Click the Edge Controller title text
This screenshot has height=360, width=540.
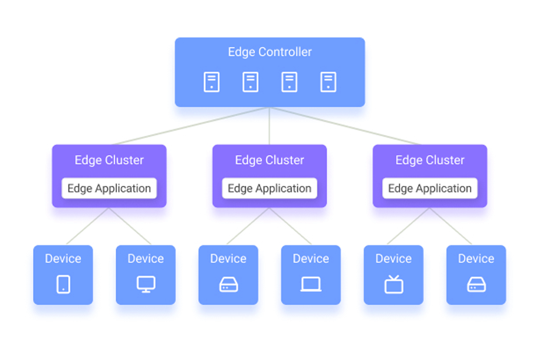(270, 52)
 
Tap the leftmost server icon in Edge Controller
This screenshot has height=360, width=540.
(212, 82)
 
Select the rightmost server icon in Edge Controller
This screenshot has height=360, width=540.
(328, 82)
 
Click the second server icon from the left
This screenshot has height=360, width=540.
(251, 82)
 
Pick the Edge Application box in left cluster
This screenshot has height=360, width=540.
(109, 188)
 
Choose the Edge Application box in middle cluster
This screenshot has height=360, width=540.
(269, 188)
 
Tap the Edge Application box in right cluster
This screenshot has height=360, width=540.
(430, 188)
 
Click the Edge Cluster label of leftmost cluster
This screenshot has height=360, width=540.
(109, 160)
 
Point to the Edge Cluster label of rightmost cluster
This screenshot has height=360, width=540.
(430, 160)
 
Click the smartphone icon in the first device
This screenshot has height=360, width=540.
(63, 284)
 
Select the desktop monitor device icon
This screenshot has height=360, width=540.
(146, 284)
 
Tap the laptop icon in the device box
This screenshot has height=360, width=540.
(311, 285)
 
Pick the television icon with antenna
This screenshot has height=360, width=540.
(394, 284)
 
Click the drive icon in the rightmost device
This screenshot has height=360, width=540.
(476, 285)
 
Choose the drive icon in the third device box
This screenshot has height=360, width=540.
(228, 285)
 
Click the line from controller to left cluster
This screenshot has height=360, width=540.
(192, 126)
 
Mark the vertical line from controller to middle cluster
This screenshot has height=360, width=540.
(269, 126)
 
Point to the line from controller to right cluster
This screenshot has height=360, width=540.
(346, 126)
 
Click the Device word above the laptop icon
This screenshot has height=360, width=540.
(311, 259)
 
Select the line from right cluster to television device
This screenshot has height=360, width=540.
(408, 227)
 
